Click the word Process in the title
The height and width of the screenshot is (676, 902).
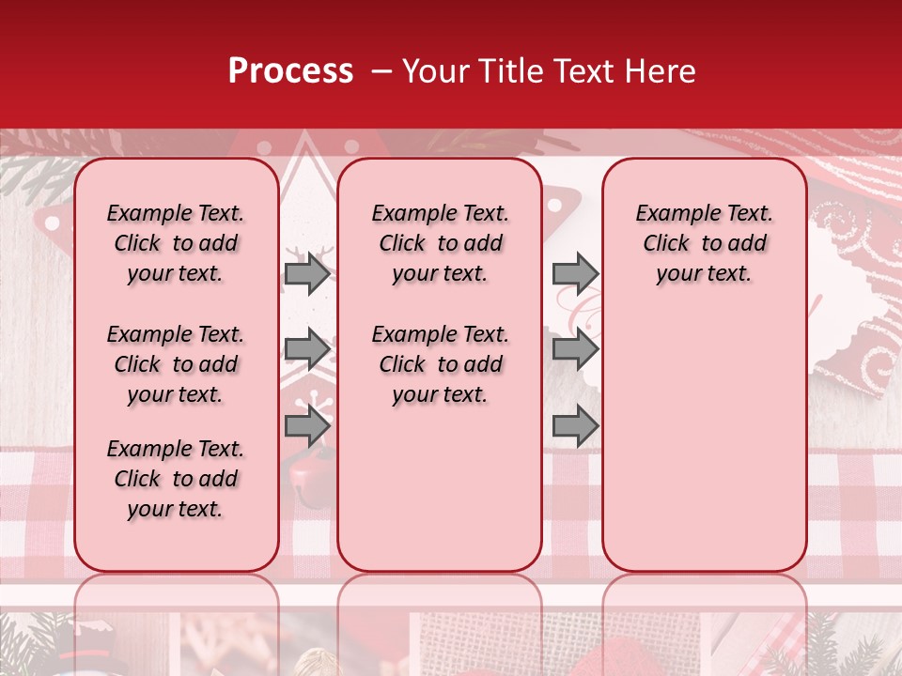290,71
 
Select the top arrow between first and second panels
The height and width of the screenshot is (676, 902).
307,274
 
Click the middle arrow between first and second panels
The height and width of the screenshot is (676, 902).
307,350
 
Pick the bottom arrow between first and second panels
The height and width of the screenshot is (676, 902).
307,426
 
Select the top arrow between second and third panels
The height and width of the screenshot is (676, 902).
575,274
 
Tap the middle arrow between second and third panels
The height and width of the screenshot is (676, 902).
575,350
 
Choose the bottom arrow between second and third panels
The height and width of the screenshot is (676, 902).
575,426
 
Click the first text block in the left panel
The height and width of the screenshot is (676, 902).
176,243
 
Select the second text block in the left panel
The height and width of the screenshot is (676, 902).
176,364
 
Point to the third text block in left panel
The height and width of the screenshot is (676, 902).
176,479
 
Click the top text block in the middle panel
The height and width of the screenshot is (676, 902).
440,243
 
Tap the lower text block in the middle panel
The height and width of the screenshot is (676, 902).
440,364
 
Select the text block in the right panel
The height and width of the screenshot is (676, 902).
704,243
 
